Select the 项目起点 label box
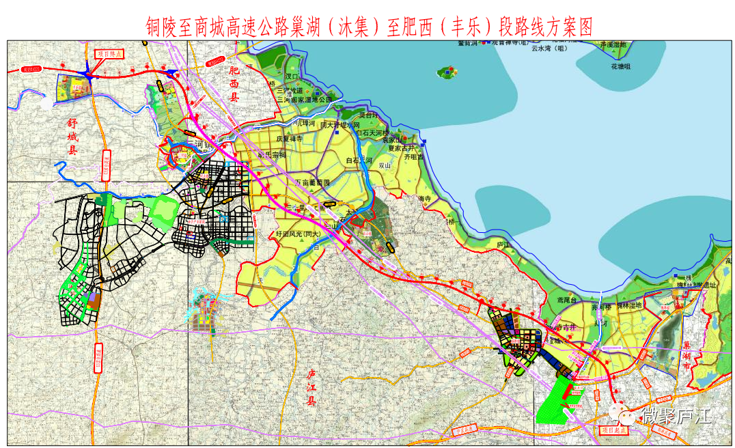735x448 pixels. tap(613, 431)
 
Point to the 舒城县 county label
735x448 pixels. tap(71, 136)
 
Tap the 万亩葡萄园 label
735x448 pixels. tap(312, 183)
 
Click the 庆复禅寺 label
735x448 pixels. tap(289, 139)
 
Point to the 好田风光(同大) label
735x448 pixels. tap(298, 234)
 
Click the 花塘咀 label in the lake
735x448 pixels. tap(621, 66)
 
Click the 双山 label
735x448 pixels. tap(384, 165)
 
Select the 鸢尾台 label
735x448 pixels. tap(568, 300)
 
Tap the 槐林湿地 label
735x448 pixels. tap(629, 305)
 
